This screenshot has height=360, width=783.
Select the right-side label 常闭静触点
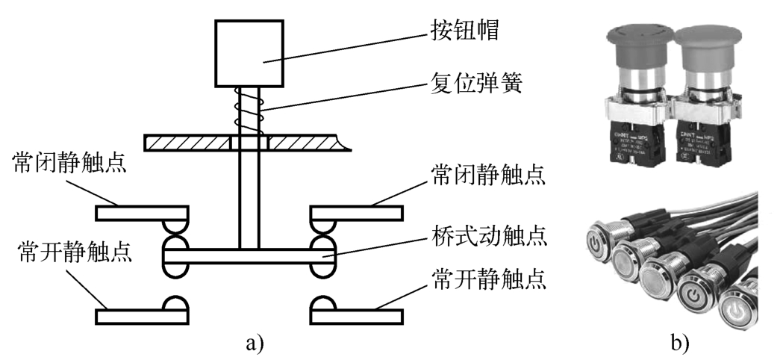(486, 176)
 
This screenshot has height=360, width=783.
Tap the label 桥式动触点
(486, 238)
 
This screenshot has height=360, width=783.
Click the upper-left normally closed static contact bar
(142, 213)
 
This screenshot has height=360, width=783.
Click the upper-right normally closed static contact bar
(355, 213)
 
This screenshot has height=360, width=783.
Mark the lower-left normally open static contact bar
(142, 314)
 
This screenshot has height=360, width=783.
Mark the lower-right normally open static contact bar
(355, 314)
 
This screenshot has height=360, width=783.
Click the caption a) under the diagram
(254, 344)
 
